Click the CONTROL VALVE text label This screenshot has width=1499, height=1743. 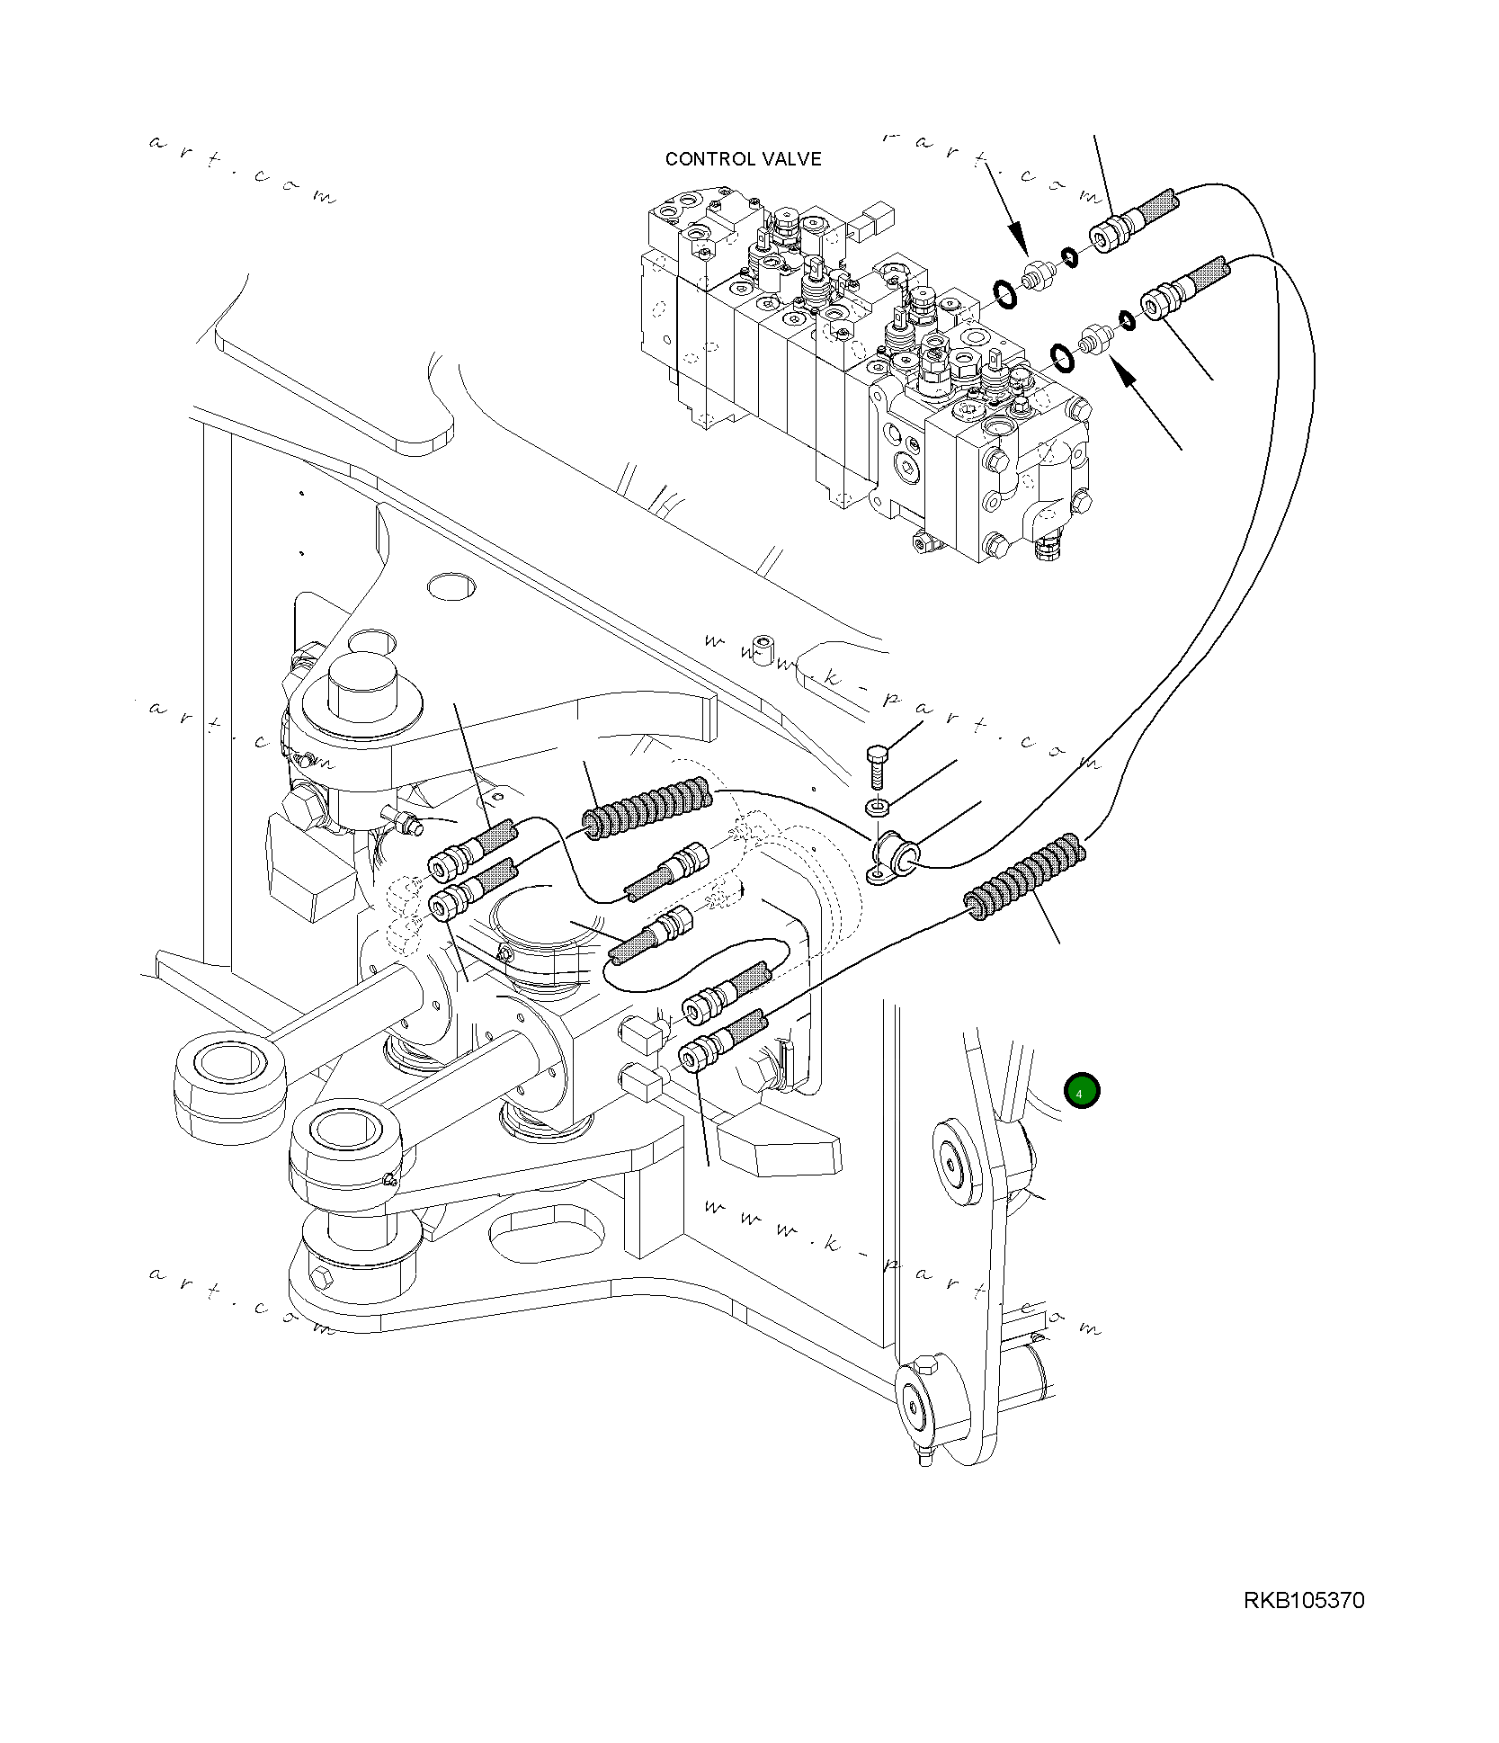point(743,159)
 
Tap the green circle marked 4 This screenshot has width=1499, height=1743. point(1081,1091)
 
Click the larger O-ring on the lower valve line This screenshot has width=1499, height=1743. point(1062,356)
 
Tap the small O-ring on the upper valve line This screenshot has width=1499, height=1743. point(1069,257)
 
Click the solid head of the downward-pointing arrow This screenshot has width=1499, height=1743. point(1019,240)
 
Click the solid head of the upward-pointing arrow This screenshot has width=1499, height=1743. point(1124,372)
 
